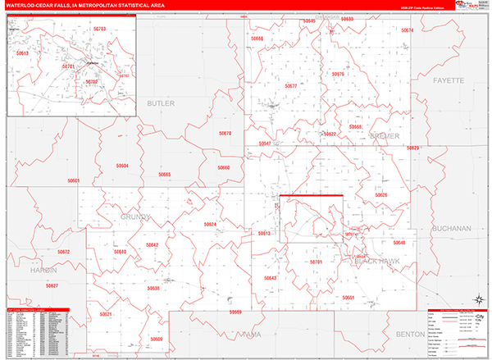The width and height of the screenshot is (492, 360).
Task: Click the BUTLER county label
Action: tap(161, 103)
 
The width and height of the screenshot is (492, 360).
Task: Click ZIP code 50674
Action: tap(408, 30)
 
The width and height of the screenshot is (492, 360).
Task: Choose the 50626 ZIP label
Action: tap(381, 195)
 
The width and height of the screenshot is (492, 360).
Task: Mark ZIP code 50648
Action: tap(399, 244)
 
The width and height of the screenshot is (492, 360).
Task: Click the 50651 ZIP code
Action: tap(350, 297)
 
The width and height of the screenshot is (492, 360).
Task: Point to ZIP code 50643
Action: tap(271, 278)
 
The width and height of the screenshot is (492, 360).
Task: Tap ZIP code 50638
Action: tap(153, 289)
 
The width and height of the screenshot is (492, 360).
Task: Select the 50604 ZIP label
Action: tap(122, 166)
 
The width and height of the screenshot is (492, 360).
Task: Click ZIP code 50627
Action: tap(52, 285)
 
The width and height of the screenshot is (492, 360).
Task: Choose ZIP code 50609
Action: tap(156, 339)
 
